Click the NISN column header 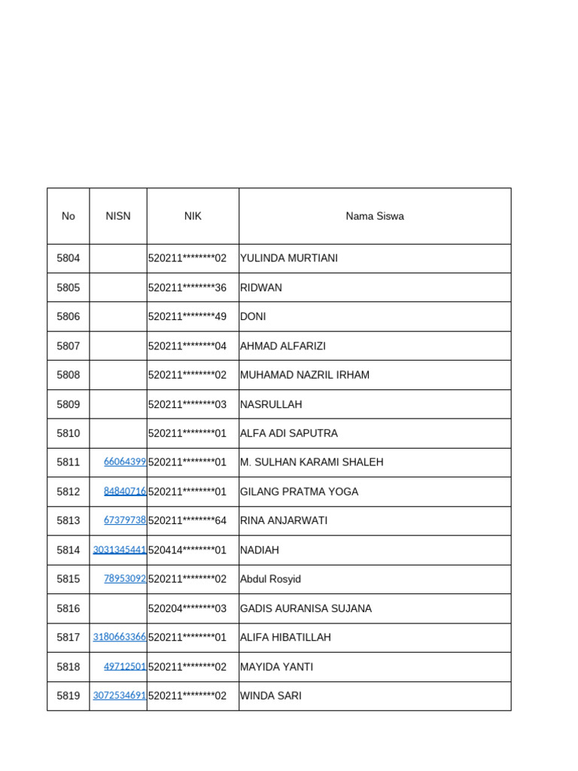pos(118,216)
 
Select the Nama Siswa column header pos(375,216)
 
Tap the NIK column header pos(193,216)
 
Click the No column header pos(68,216)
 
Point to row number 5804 pos(68,258)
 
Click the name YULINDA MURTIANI pos(289,258)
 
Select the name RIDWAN pos(261,288)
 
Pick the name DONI pos(253,317)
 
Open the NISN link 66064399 pos(125,462)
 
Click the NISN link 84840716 pos(125,491)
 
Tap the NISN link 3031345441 pos(120,550)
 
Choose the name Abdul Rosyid pos(270,579)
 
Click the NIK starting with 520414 pos(187,550)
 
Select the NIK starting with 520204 pos(187,608)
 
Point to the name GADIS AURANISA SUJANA pos(306,608)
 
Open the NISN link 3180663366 pos(120,637)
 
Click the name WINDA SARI pos(271,696)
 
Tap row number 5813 pos(68,520)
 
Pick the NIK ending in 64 pos(187,521)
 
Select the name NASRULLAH pos(271,404)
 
